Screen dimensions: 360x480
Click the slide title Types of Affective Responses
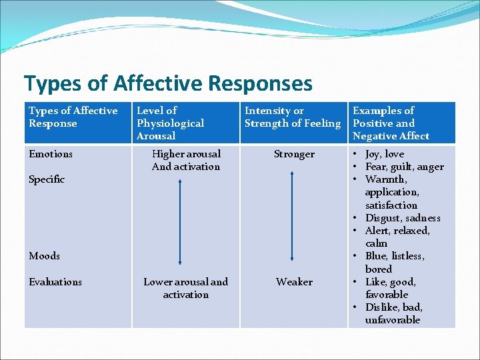168,83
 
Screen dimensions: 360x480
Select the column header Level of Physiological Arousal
170,123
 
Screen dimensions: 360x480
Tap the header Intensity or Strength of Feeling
292,117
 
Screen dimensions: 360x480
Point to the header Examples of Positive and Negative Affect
391,123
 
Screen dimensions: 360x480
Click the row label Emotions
51,154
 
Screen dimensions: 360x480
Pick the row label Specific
47,179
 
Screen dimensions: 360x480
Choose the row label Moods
45,256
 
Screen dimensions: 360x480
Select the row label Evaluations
55,282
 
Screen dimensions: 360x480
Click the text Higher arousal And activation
186,160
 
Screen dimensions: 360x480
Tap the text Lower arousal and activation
186,288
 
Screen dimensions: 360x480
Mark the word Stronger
294,154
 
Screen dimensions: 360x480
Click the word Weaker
294,282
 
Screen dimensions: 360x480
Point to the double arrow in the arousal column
180,223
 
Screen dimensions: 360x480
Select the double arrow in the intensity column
292,216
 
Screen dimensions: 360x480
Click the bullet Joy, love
385,154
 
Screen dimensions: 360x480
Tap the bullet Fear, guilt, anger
404,167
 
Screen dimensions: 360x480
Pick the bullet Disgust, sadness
403,218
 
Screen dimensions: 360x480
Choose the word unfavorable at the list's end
393,320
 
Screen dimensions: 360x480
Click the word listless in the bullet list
408,256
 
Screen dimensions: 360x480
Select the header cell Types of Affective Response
73,117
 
